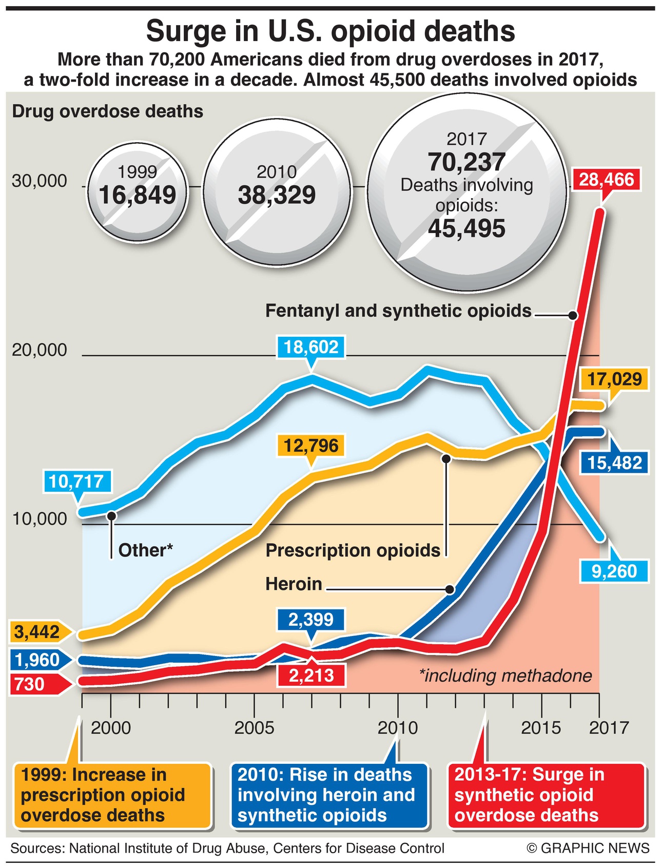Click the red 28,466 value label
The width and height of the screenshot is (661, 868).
coord(607,180)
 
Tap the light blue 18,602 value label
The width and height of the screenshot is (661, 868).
coord(311,347)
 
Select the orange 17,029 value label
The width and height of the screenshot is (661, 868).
coord(614,379)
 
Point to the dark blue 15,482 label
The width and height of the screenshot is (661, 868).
coord(614,462)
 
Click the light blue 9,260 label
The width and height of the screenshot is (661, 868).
coord(614,571)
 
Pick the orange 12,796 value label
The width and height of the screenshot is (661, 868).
coord(311,445)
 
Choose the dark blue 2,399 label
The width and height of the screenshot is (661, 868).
coord(311,620)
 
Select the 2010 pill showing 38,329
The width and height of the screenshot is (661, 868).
coord(277,186)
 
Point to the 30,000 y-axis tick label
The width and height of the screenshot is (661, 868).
coord(40,181)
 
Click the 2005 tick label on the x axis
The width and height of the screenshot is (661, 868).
coord(254,727)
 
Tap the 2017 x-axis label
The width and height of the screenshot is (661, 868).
coord(609,727)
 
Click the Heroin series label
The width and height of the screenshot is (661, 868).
coord(294,584)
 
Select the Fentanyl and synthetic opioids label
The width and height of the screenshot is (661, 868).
coord(398,311)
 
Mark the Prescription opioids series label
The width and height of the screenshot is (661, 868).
coord(353,550)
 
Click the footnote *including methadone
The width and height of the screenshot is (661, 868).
coord(506,676)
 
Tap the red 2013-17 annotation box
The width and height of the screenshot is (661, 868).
coord(546,795)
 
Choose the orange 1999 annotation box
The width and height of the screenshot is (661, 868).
coord(113,795)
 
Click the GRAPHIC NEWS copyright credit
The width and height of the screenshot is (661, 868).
coord(588,848)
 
